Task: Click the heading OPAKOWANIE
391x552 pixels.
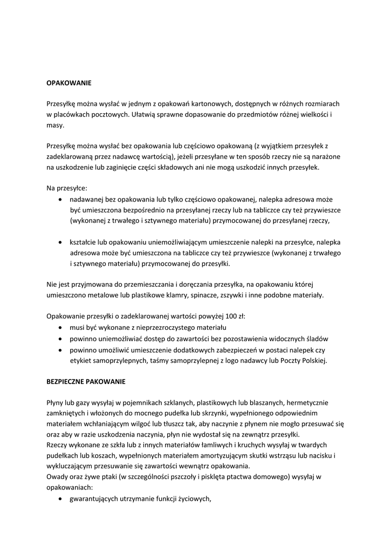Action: [x=69, y=83]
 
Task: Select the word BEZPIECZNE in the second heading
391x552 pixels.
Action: [x=66, y=381]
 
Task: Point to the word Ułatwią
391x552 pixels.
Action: [x=143, y=114]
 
